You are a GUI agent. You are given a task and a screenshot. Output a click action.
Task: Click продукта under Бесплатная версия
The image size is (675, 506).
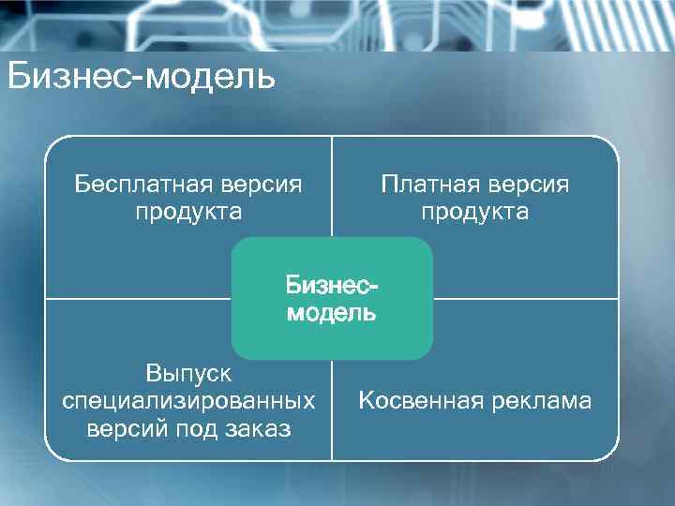click(x=188, y=212)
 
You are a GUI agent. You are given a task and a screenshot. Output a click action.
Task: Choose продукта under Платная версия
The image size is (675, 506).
click(x=474, y=212)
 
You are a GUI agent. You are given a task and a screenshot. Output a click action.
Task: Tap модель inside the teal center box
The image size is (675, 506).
click(x=332, y=313)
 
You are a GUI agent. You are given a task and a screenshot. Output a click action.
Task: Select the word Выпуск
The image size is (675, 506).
click(x=188, y=373)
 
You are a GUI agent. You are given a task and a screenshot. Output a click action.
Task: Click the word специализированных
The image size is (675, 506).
click(x=188, y=401)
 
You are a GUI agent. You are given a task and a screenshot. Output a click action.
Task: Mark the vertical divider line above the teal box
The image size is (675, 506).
click(x=332, y=187)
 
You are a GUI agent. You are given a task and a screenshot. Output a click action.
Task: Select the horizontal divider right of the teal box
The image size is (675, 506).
click(x=525, y=298)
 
